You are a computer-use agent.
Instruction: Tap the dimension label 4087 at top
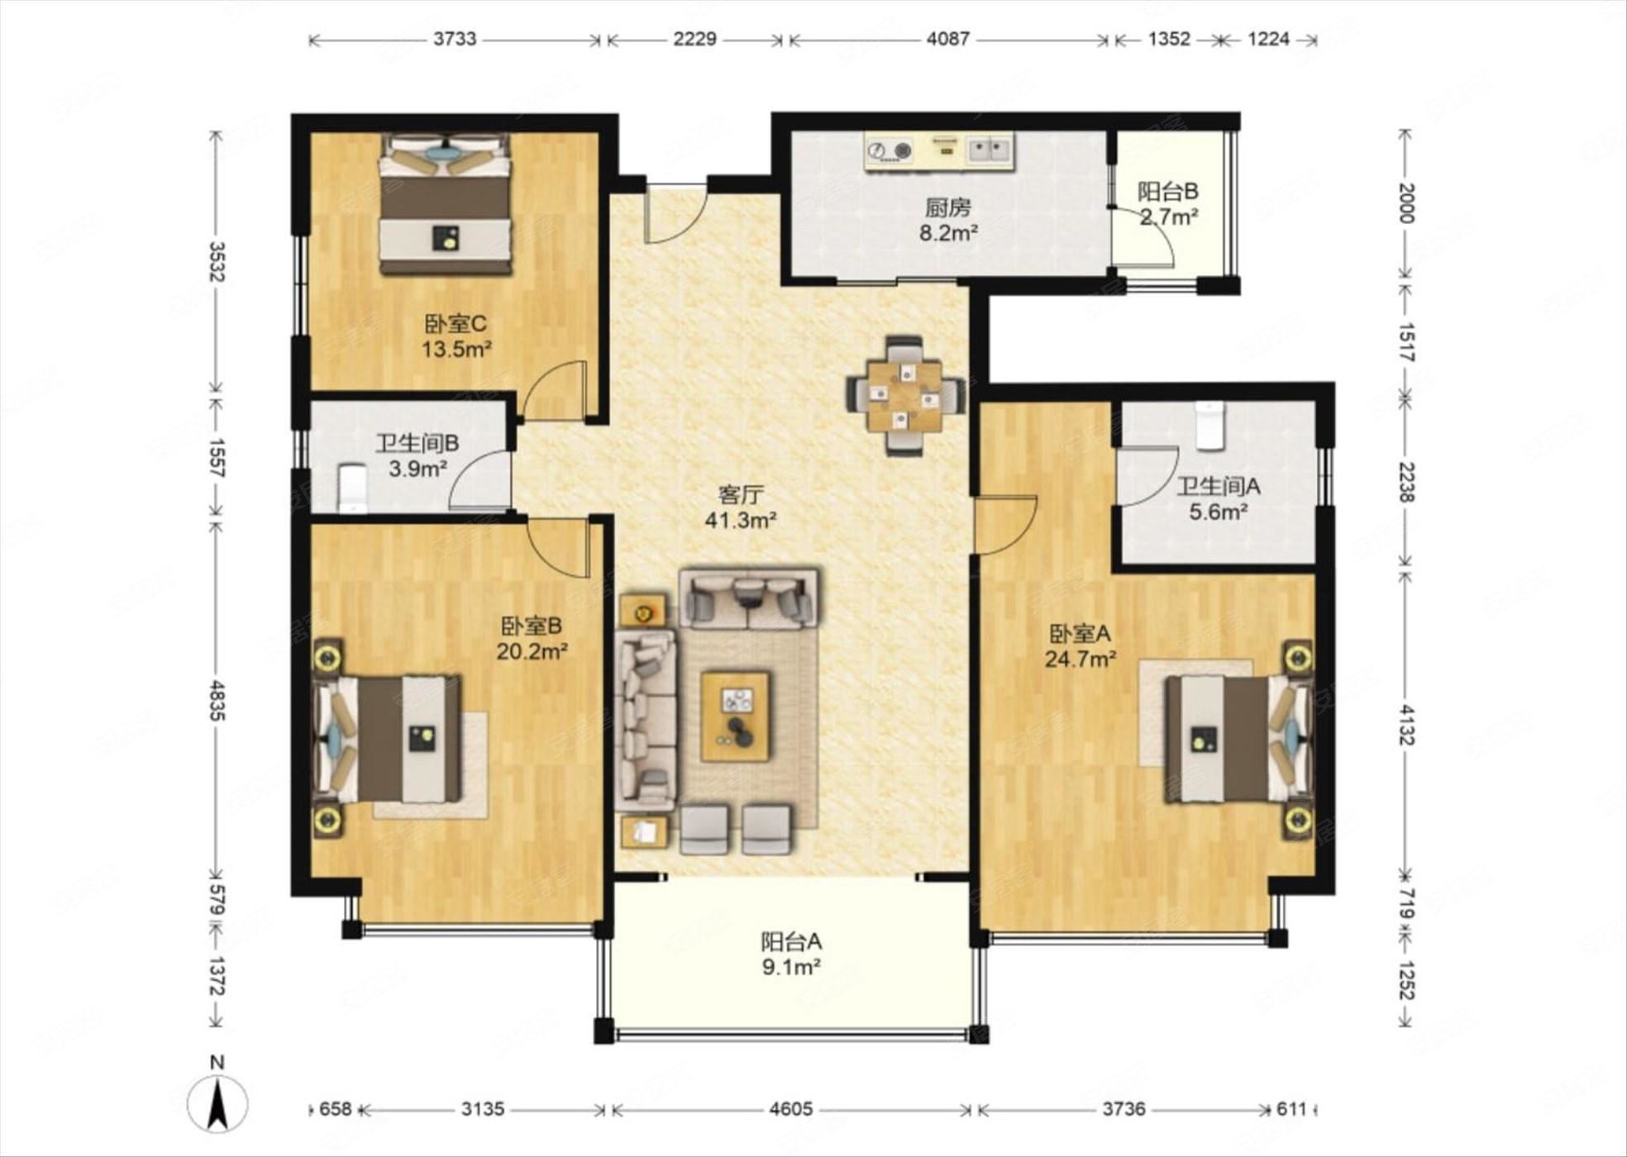point(947,39)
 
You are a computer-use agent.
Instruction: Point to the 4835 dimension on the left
point(217,700)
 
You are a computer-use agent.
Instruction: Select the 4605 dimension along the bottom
point(791,1108)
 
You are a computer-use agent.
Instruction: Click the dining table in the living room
point(904,396)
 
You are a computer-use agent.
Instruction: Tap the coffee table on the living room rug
point(735,717)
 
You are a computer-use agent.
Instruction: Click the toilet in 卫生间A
point(1210,425)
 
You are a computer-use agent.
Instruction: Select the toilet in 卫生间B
point(353,488)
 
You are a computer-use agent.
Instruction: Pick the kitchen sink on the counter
point(990,150)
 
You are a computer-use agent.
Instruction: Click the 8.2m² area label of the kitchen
point(948,233)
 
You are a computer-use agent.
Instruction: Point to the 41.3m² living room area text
point(740,520)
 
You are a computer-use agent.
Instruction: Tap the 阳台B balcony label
point(1168,192)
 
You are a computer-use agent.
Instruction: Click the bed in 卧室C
point(445,204)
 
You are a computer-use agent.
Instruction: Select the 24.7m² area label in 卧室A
point(1081,659)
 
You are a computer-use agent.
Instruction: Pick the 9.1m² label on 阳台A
point(791,966)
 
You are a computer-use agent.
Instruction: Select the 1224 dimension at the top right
point(1268,39)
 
